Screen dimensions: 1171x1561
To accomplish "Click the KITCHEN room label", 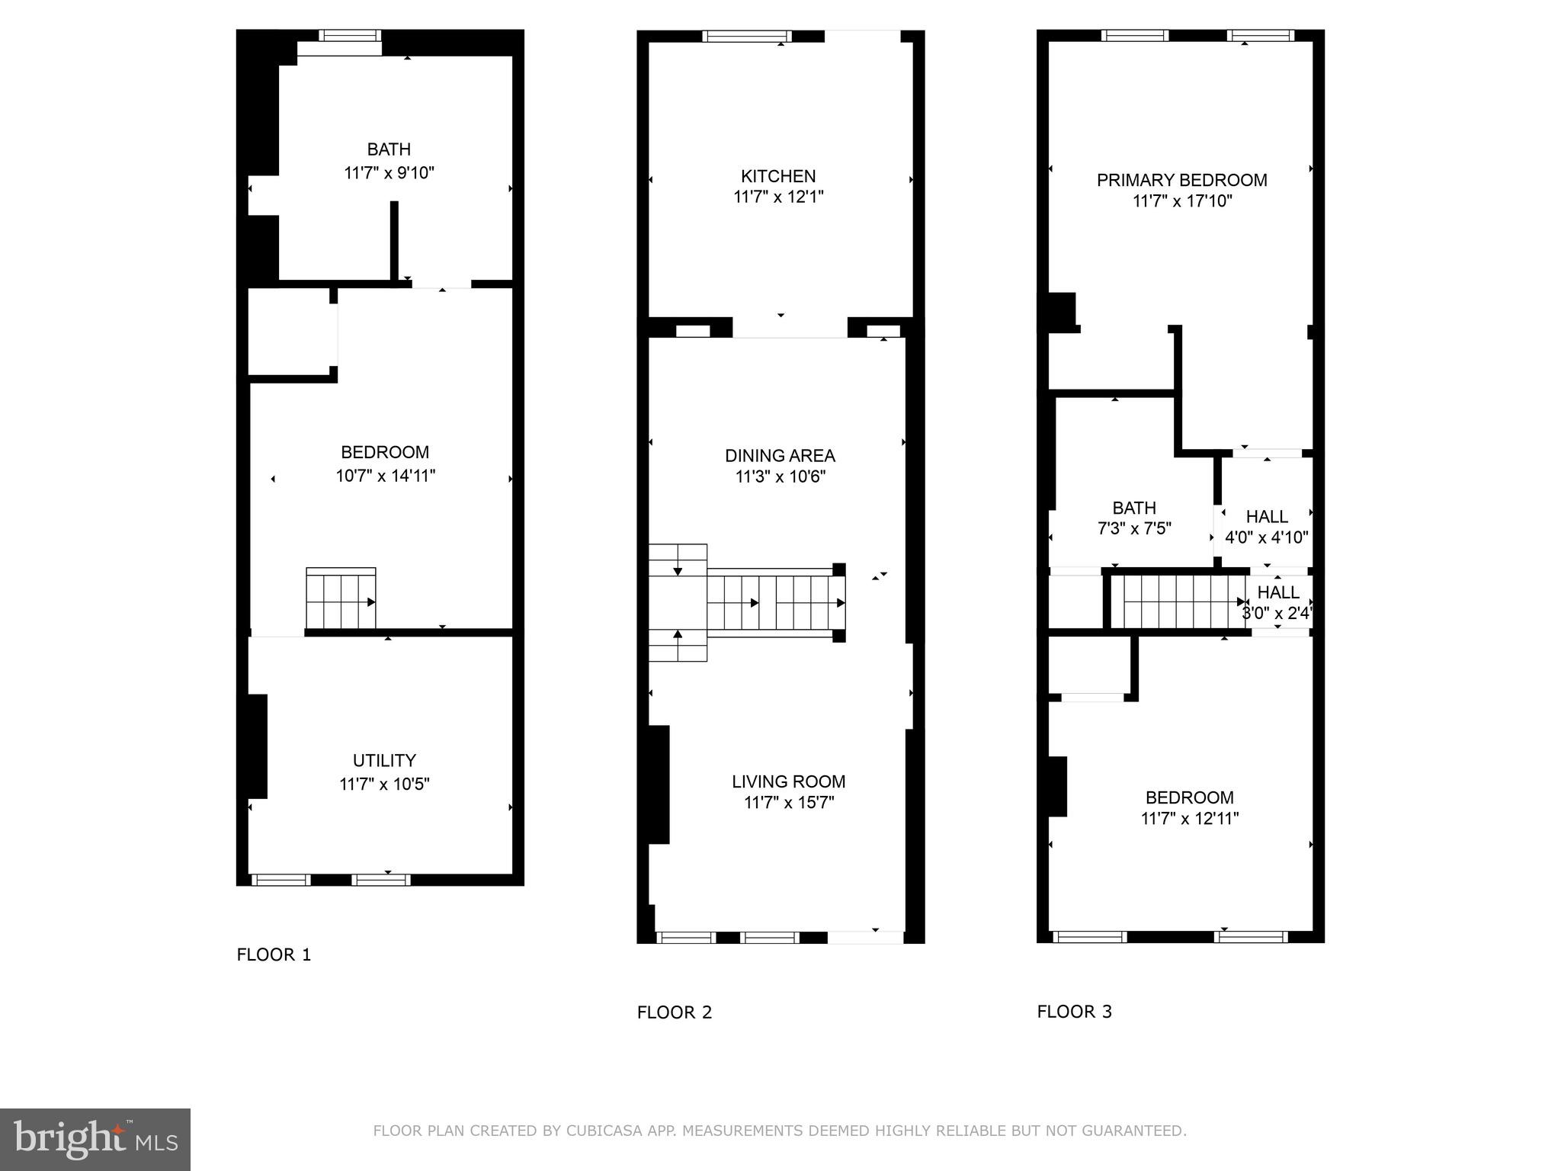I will tap(778, 176).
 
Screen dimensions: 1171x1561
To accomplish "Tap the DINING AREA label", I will tap(780, 456).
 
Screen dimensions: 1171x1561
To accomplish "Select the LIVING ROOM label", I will tap(788, 781).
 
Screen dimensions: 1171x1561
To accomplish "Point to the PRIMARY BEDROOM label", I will tap(1181, 180).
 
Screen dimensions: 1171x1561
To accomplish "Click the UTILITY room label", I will tap(384, 760).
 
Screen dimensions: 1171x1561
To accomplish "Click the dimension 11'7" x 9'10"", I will tap(389, 173).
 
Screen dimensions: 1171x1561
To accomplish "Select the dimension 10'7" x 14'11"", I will tap(385, 476).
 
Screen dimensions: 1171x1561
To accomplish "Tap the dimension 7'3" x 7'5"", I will tap(1134, 528).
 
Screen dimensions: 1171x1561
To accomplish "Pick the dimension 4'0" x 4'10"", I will tap(1266, 537).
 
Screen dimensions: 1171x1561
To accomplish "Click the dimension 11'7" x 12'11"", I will tap(1189, 819).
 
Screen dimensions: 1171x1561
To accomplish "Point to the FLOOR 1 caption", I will tap(274, 954).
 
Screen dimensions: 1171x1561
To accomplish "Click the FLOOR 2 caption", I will tap(674, 1012).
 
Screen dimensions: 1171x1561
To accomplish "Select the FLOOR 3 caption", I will tap(1074, 1012).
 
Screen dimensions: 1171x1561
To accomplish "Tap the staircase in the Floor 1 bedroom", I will tap(341, 599).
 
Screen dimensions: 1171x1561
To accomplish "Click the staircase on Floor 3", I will tap(1178, 602).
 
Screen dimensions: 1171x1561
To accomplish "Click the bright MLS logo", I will tap(95, 1139).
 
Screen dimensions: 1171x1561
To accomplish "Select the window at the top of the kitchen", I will tap(746, 36).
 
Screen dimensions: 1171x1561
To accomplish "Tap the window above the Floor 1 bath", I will tap(349, 35).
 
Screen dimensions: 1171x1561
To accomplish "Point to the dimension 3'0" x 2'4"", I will tap(1277, 613).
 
